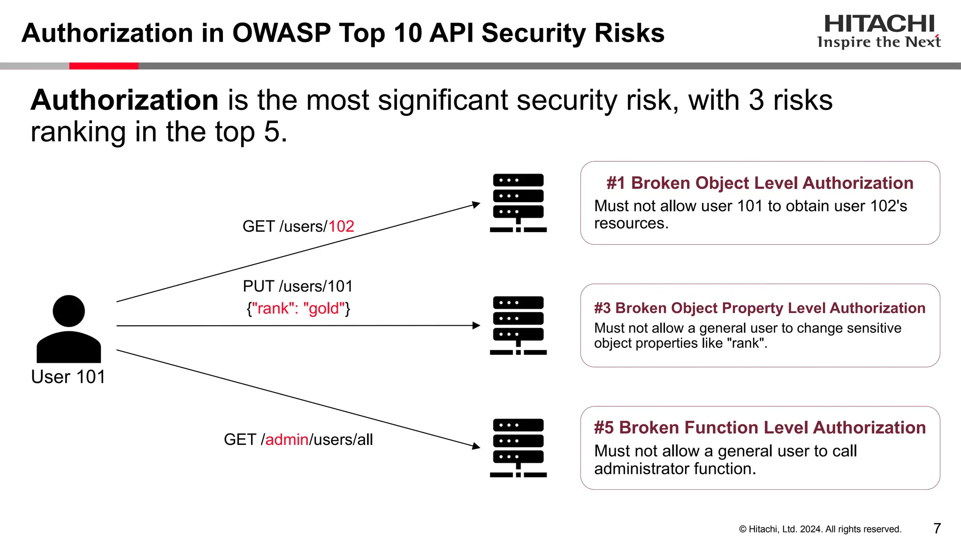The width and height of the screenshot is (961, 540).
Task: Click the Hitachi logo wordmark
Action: pyautogui.click(x=879, y=24)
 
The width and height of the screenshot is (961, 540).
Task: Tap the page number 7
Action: pyautogui.click(x=937, y=528)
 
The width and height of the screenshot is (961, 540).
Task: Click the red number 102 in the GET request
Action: pyautogui.click(x=341, y=226)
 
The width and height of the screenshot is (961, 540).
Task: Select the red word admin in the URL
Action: pyautogui.click(x=287, y=440)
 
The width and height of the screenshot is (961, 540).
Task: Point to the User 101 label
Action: pyautogui.click(x=69, y=377)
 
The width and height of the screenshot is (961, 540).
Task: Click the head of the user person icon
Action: pyautogui.click(x=69, y=310)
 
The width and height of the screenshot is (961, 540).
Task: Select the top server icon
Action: pyautogui.click(x=518, y=202)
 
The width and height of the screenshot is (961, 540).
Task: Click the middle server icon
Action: pyautogui.click(x=518, y=325)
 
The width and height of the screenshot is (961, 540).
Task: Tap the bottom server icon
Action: pyautogui.click(x=518, y=448)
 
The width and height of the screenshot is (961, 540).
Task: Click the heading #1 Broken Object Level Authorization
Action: pyautogui.click(x=760, y=183)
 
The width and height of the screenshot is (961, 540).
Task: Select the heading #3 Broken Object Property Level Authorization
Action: pyautogui.click(x=760, y=308)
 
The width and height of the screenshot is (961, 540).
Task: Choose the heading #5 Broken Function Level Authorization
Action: pyautogui.click(x=760, y=427)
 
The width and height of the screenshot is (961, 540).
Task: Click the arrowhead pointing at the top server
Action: pyautogui.click(x=476, y=204)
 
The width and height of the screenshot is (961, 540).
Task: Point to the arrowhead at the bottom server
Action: pyautogui.click(x=476, y=446)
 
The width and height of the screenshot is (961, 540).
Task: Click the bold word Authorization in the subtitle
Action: pyautogui.click(x=124, y=100)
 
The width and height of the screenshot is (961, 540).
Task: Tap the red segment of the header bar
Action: pyautogui.click(x=104, y=66)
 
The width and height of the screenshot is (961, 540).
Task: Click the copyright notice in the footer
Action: pyautogui.click(x=820, y=529)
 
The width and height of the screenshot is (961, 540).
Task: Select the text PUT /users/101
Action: pyautogui.click(x=297, y=286)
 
